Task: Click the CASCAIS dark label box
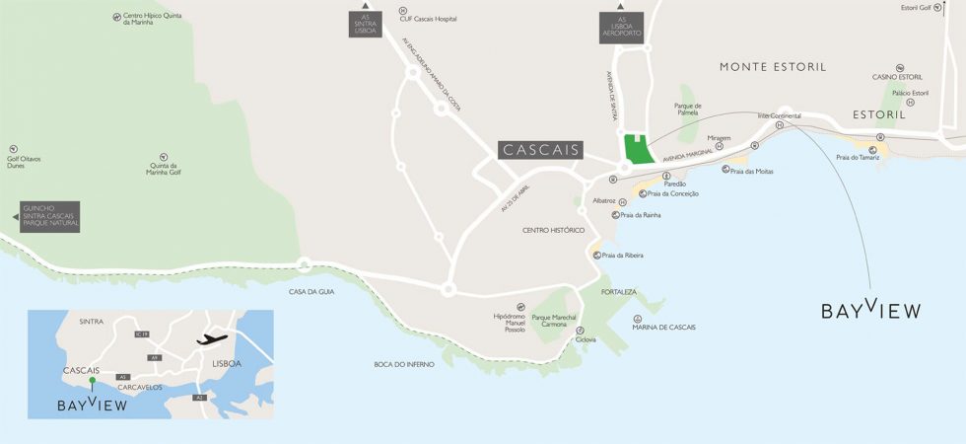tap(540, 151)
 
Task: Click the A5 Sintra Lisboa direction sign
tap(365, 25)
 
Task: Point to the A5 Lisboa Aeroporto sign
tap(622, 27)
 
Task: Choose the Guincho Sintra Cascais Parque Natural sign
tap(50, 217)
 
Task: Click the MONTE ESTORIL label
tap(773, 67)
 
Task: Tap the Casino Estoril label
tap(897, 77)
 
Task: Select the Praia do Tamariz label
tap(857, 157)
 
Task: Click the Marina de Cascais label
tap(663, 327)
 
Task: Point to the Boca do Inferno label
tap(404, 364)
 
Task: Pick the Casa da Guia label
tap(312, 291)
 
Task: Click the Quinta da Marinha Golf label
tap(165, 170)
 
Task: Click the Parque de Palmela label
tap(687, 109)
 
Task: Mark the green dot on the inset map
tap(92, 380)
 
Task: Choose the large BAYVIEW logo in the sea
tap(871, 309)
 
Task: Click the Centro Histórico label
tap(553, 230)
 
